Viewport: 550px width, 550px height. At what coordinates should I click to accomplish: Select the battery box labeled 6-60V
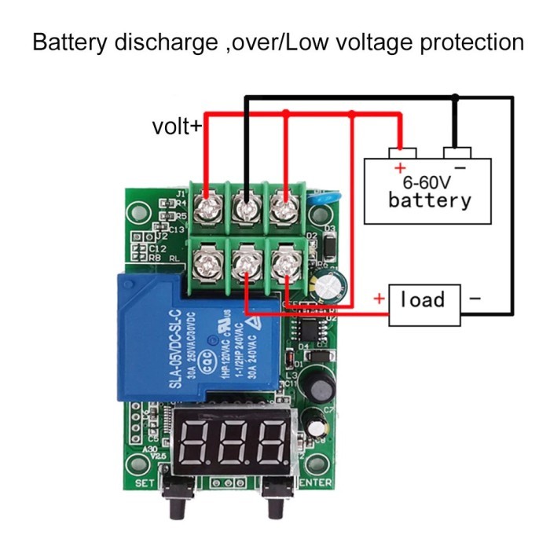[x=428, y=191]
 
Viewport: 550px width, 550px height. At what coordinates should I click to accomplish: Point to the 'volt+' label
[x=177, y=126]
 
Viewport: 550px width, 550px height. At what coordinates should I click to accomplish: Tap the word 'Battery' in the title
[x=70, y=41]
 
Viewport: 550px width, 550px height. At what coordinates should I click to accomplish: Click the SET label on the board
[x=145, y=482]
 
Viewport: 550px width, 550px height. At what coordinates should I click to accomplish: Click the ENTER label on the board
[x=316, y=482]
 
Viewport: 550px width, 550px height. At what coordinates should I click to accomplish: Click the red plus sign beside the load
[x=379, y=299]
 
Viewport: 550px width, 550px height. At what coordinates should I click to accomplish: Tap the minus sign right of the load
[x=475, y=299]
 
